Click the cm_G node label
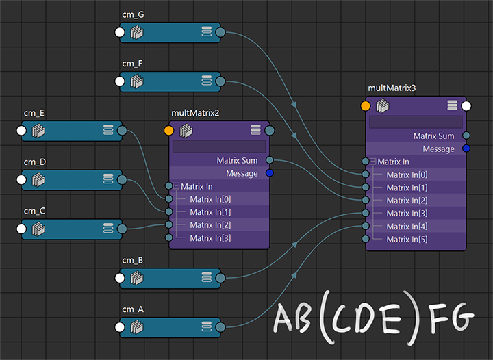(134, 14)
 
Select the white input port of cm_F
(120, 82)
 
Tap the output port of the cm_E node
(122, 131)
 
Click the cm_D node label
(34, 162)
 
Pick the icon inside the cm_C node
(39, 229)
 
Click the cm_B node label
(133, 261)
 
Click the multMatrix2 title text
(195, 113)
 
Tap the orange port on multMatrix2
(169, 130)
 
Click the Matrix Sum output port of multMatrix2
(270, 161)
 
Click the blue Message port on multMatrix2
(270, 174)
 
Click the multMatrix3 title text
(392, 88)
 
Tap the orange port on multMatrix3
(366, 106)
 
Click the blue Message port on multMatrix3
(466, 149)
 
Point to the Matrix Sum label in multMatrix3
(433, 136)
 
